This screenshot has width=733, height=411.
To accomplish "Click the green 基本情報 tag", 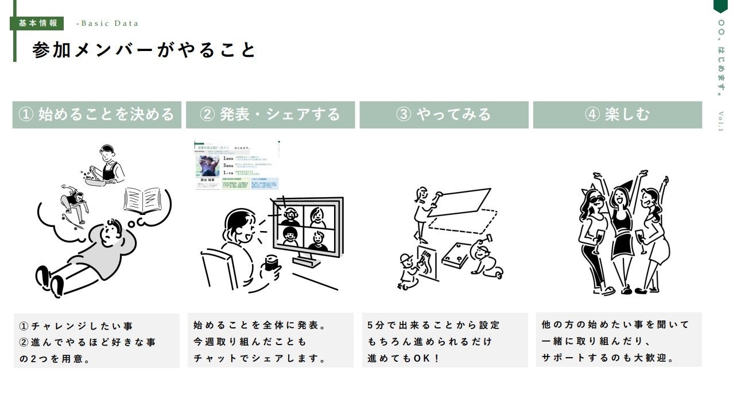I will [x=38, y=24].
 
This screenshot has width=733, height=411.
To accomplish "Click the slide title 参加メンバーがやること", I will [x=144, y=50].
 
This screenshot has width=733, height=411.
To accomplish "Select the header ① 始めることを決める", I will [x=96, y=115].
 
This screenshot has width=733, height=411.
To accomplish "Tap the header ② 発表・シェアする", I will [x=270, y=115].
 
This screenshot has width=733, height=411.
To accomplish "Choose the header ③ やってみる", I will [x=444, y=115].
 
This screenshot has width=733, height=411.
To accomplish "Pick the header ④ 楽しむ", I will [x=617, y=115].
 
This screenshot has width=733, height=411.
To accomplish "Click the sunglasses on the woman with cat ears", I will [x=595, y=200].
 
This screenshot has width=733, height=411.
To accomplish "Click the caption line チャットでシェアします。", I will [x=260, y=359].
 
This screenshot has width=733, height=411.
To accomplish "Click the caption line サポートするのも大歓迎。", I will [x=608, y=358].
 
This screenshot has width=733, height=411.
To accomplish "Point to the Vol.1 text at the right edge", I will [x=721, y=121].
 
